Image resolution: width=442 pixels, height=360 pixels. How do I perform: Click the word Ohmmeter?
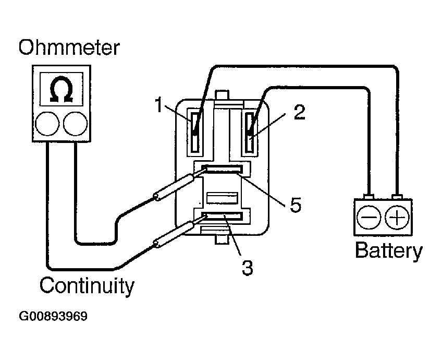69,48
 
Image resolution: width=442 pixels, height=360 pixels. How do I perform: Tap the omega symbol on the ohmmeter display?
60,90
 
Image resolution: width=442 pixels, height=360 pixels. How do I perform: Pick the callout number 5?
295,205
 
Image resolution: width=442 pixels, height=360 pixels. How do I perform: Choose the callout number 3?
247,267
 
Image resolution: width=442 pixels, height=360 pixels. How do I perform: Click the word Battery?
388,251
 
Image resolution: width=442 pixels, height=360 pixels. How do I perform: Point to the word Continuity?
87,286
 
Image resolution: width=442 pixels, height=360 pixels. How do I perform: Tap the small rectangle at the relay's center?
223,197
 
